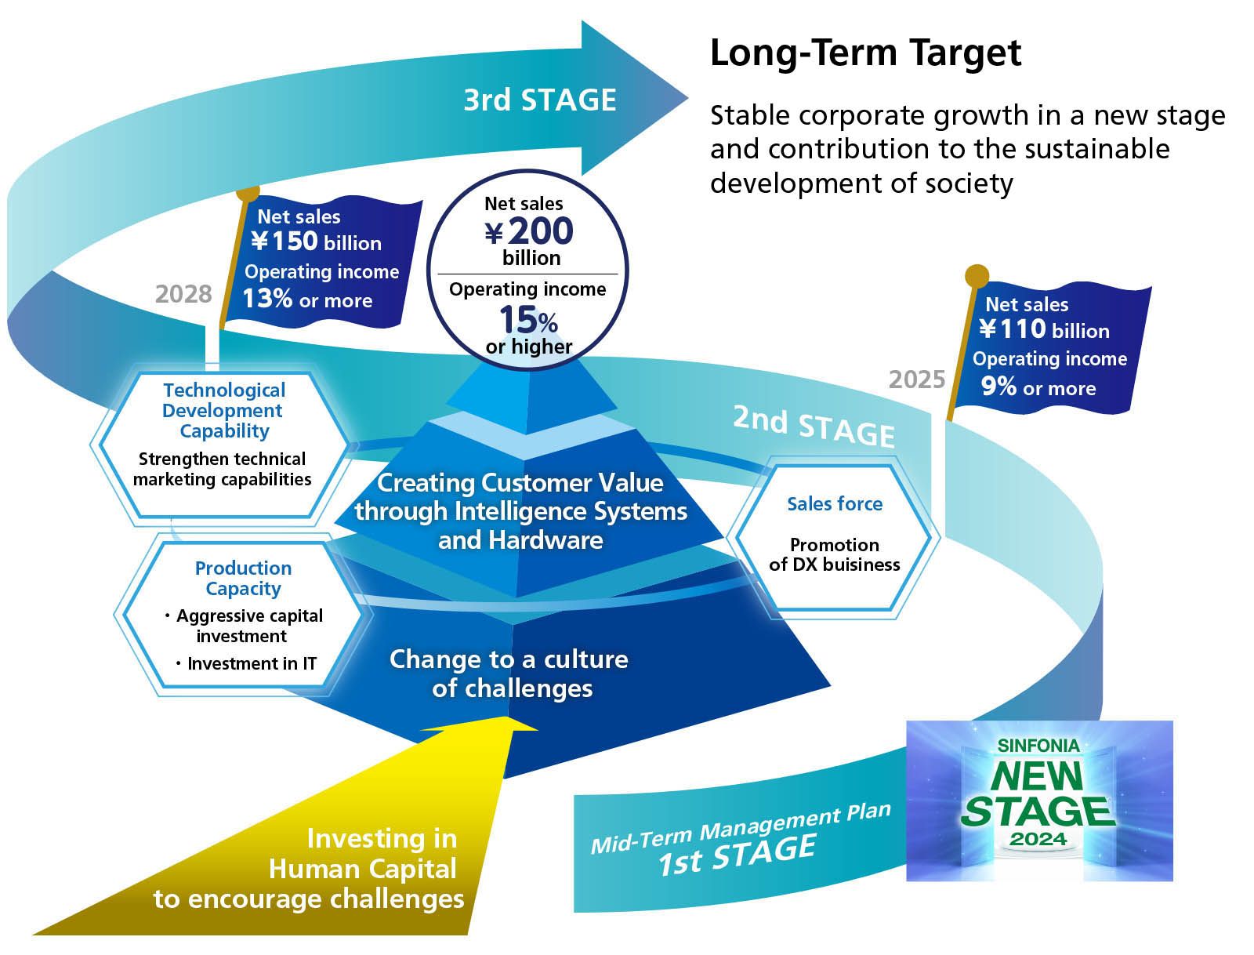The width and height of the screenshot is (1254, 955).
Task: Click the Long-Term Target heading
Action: coord(865,53)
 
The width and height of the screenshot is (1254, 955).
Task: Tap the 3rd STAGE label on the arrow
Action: coord(539,100)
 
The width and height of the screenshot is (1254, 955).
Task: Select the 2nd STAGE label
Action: coord(814,427)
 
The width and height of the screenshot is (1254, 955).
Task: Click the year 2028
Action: coord(183,294)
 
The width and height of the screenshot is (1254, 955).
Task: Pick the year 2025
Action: coord(917,380)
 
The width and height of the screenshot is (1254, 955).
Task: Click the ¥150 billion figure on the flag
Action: coord(316,241)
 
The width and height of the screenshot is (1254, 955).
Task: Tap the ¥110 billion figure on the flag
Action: coord(1044,329)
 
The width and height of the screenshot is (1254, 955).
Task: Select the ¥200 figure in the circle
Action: coord(529,231)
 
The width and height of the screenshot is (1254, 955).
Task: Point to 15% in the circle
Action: coord(528,320)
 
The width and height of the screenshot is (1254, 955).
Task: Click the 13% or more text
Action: coord(307,300)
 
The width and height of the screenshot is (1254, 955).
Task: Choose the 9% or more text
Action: coord(1038,387)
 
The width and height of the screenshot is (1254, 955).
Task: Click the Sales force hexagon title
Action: coord(835,504)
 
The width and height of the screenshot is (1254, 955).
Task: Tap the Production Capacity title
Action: coord(243,579)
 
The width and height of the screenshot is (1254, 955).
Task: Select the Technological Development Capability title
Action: coord(224,410)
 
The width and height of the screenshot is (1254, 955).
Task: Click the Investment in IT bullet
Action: coord(252,664)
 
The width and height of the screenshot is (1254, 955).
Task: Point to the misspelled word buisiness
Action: coord(861,565)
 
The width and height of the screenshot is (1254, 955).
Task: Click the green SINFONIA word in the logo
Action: coord(1038,746)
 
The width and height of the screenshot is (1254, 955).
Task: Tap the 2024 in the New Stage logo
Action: coord(1038,838)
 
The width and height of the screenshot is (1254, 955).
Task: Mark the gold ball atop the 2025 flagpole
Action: coord(977,275)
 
